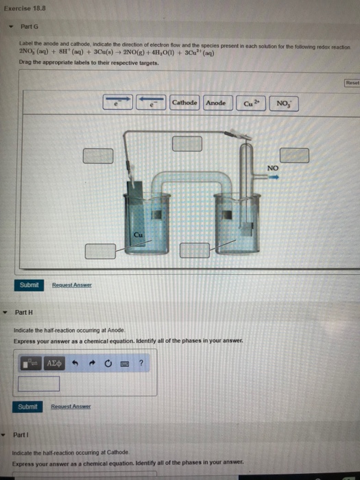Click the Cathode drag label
[x=184, y=104]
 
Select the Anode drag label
[x=216, y=104]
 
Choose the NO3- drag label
[x=283, y=104]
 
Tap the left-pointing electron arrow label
[x=152, y=104]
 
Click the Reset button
[x=351, y=82]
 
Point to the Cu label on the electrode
[x=137, y=235]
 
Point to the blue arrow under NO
[x=273, y=177]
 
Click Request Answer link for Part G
[x=72, y=285]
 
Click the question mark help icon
[x=140, y=363]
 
